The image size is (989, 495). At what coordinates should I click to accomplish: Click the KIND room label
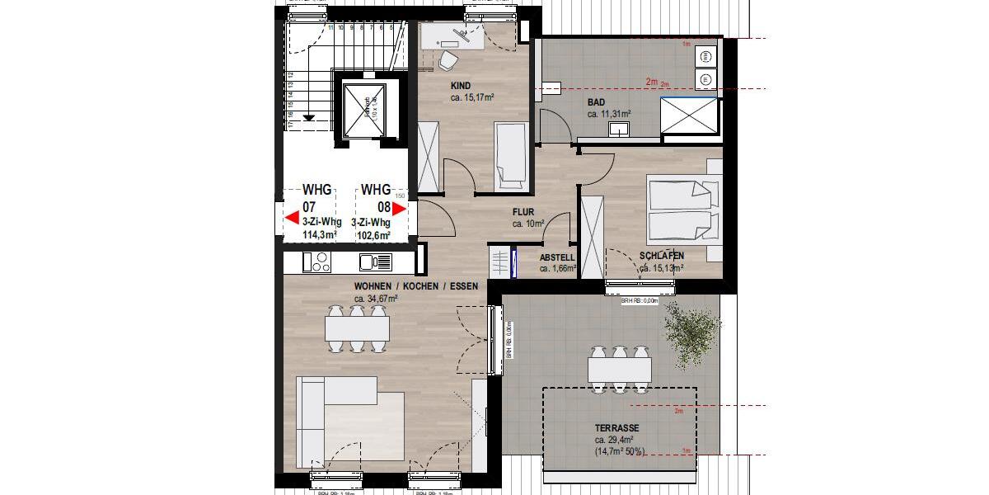(x=461, y=86)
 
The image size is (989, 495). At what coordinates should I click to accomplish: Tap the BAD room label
(x=596, y=102)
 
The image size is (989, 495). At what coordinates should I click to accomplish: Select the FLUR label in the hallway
(x=523, y=211)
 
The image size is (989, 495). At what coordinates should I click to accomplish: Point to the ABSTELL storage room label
(x=557, y=257)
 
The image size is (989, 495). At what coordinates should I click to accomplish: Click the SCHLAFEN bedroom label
(x=661, y=256)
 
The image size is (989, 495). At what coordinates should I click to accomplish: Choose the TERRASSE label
(x=617, y=428)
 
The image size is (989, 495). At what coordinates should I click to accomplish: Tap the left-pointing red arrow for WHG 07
(x=292, y=218)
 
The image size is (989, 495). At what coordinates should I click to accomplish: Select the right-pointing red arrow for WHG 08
(x=399, y=209)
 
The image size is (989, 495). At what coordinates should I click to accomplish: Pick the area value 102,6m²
(x=373, y=234)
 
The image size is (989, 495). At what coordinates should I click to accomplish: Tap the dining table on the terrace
(x=619, y=368)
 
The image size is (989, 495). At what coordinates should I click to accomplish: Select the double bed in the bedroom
(x=680, y=210)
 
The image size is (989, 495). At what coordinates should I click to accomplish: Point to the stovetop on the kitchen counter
(x=316, y=262)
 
